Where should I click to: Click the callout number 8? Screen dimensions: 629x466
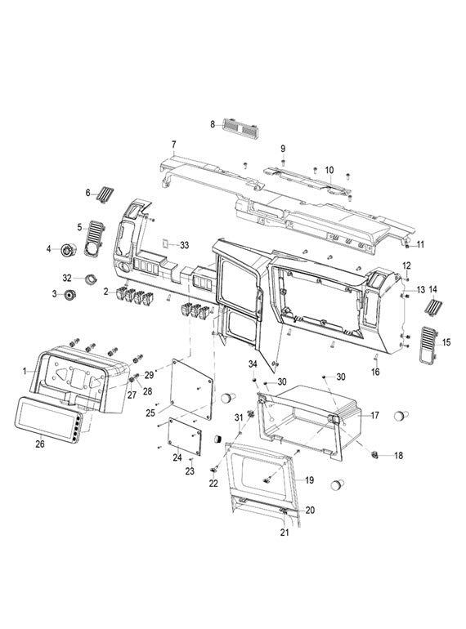[x=213, y=124]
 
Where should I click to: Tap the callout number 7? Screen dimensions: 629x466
[x=173, y=144]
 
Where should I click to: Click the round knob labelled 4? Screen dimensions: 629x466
[x=69, y=248]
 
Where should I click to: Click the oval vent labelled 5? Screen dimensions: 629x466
[x=96, y=236]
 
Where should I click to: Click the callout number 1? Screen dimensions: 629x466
[x=25, y=370]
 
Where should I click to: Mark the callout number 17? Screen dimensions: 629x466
[x=374, y=415]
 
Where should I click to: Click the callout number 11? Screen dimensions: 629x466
[x=420, y=244]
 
